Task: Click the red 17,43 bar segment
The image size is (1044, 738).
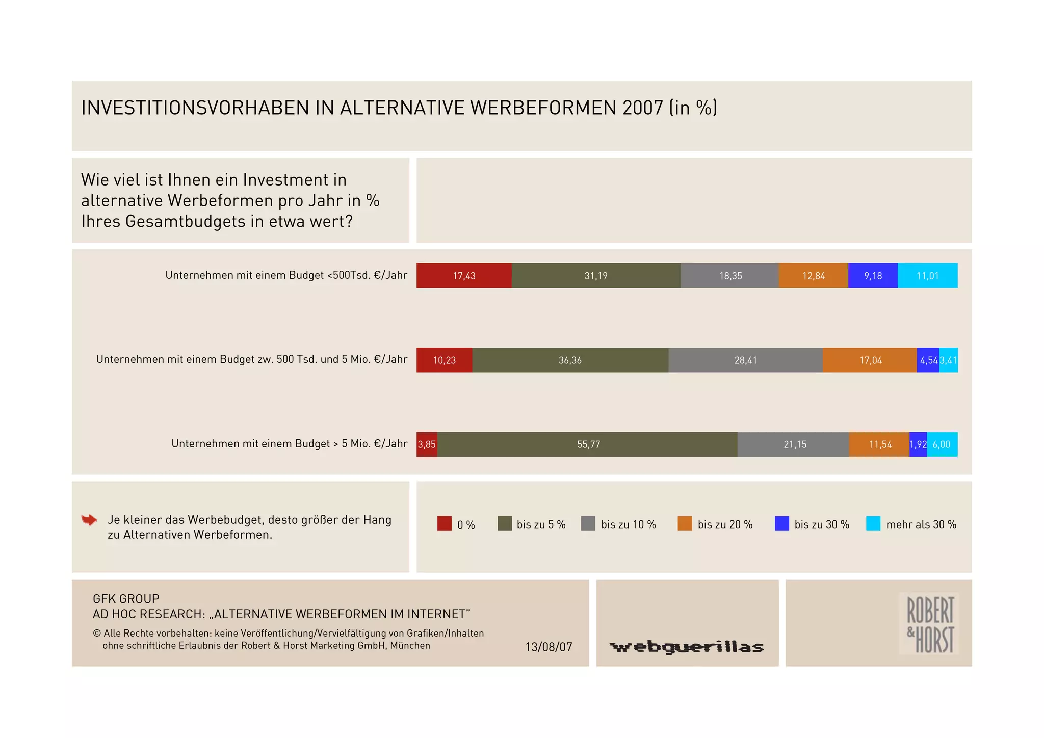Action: (463, 276)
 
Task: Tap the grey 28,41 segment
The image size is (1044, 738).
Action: (745, 360)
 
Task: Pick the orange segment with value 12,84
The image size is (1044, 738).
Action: (813, 276)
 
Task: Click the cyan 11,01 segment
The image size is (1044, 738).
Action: (927, 276)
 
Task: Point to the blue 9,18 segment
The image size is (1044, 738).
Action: (872, 276)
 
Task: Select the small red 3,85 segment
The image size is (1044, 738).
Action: (427, 444)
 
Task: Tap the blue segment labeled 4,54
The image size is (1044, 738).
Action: (928, 360)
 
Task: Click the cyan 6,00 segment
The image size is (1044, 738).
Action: (942, 444)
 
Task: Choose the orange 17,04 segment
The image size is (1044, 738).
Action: (870, 360)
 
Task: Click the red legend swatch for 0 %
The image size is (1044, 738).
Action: (444, 523)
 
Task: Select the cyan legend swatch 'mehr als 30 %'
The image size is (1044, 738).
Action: (873, 523)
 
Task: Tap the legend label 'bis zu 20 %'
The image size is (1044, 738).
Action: (725, 524)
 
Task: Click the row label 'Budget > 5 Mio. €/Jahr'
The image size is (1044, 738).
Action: (289, 444)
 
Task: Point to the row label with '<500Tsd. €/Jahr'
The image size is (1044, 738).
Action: (286, 275)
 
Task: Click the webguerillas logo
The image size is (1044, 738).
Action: (687, 647)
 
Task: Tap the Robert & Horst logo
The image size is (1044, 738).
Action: (929, 623)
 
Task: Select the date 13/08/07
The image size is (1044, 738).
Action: (549, 647)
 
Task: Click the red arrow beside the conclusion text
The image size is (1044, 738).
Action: (89, 520)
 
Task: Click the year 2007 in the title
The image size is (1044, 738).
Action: (642, 108)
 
